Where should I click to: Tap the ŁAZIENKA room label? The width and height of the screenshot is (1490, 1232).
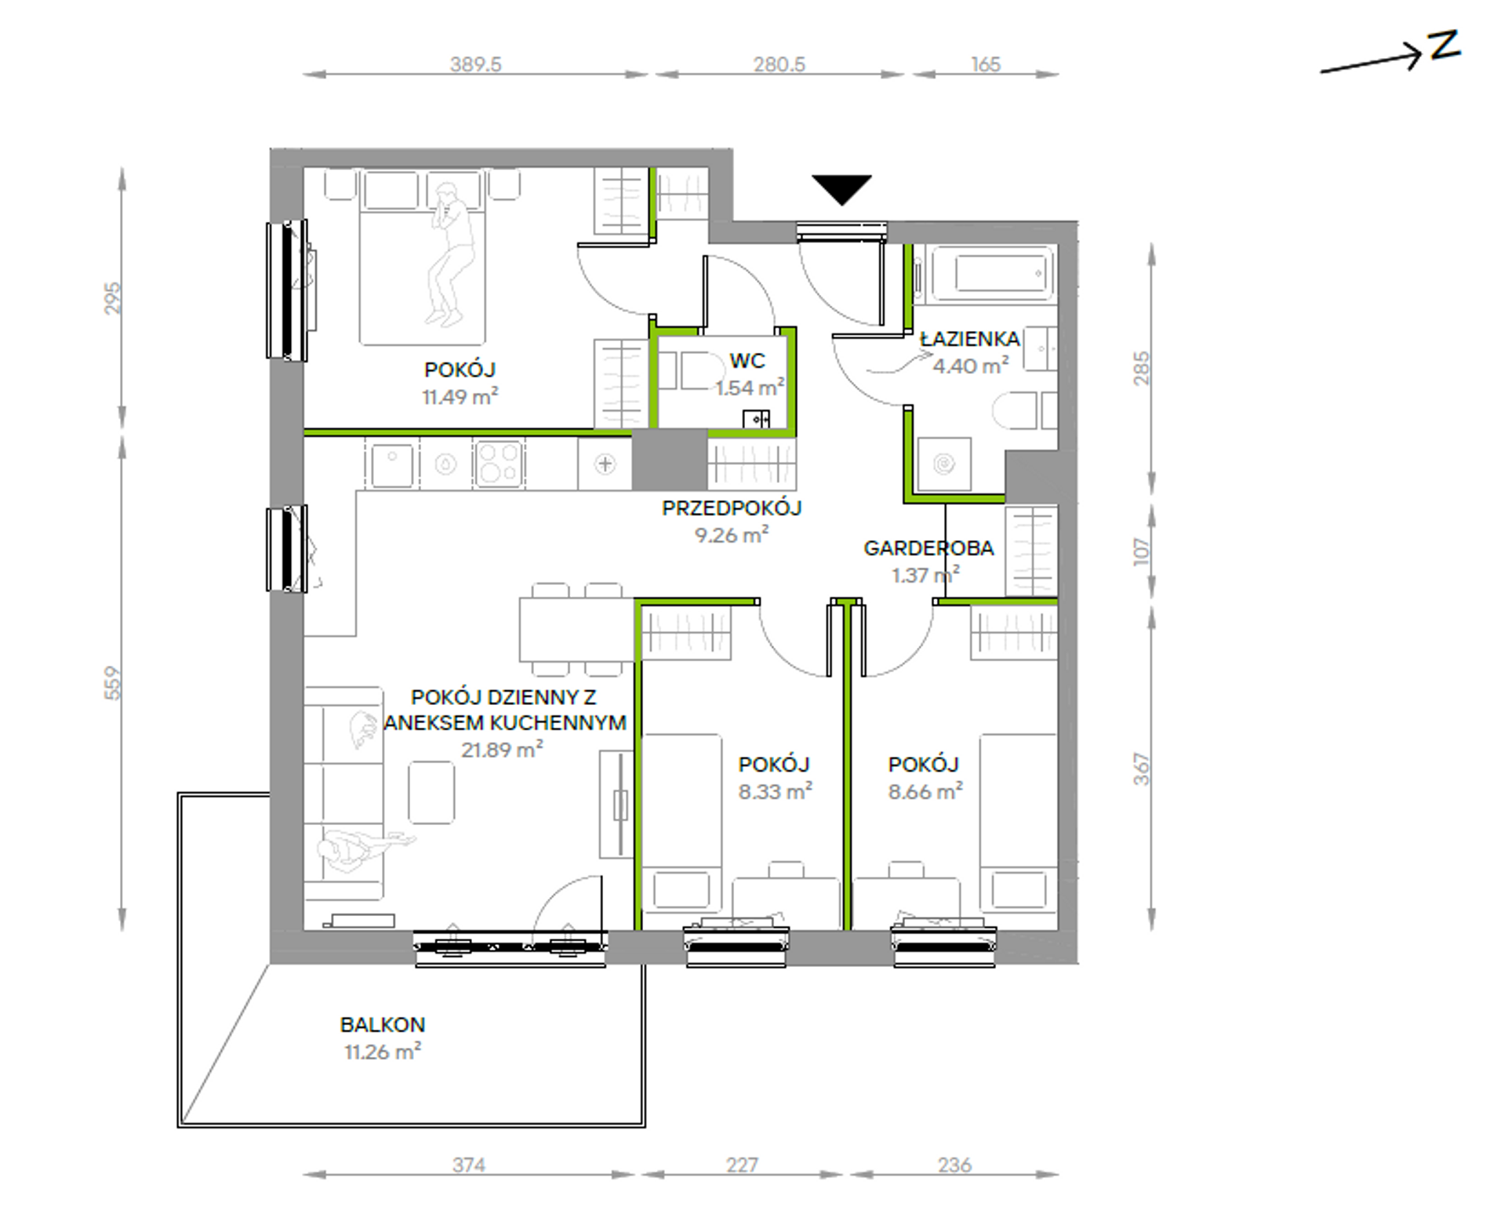coord(970,339)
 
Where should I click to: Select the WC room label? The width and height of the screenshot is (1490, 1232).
coord(747,361)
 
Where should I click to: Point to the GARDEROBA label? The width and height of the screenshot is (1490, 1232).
coord(929,547)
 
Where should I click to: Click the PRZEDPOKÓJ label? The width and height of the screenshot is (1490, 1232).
coord(732,507)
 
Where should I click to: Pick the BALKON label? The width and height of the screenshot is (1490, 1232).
coord(383,1024)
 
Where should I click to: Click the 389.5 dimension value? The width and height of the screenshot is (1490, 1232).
coord(475,64)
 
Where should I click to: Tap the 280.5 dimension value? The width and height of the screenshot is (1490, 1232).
coord(780,64)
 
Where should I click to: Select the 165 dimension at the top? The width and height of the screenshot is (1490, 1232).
coord(986,64)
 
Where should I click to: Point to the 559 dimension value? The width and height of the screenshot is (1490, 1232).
coord(113,682)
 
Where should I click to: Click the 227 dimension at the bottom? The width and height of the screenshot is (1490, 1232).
coord(742,1165)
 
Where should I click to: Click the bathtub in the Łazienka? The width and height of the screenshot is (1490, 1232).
coord(990,274)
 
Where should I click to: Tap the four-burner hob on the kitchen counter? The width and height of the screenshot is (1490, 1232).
coord(499,463)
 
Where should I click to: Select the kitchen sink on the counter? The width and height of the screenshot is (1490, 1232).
coord(392,463)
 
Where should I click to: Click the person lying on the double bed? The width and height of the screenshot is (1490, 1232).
coord(449,253)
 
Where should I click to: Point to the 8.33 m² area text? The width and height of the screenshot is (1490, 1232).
coord(775,791)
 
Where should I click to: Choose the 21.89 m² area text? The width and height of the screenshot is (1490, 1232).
coord(502,749)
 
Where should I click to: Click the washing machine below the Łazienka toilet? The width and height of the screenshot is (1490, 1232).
coord(944,464)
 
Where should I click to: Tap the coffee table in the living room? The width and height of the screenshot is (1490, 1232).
coord(431,792)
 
